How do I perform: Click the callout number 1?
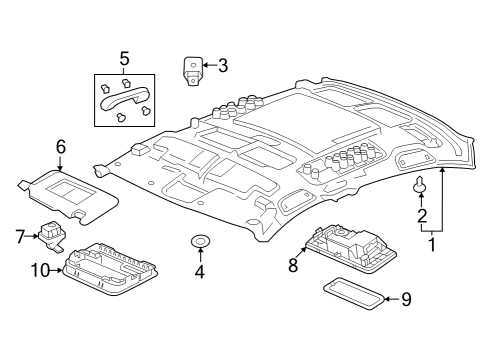tap(433, 243)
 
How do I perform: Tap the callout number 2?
tap(422, 215)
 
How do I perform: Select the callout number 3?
tap(222, 67)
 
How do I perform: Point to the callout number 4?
tap(198, 271)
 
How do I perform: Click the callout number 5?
tap(125, 58)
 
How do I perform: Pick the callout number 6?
tap(61, 146)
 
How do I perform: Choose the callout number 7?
tap(19, 236)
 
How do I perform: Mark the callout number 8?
tap(293, 266)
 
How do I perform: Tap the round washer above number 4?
tap(198, 241)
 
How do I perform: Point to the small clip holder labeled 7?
tap(51, 234)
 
